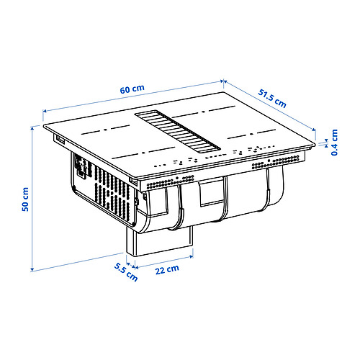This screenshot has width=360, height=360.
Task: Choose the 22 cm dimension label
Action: coord(168,271)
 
